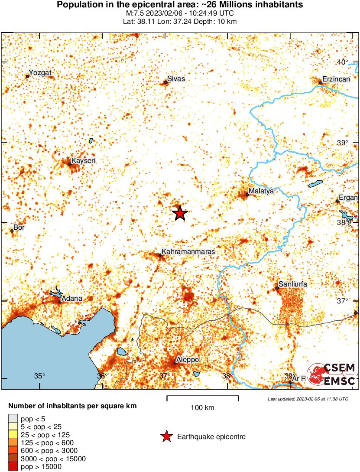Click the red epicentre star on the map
[x=180, y=213]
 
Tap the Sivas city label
[x=176, y=79]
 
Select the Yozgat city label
[x=40, y=73]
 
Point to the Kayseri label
[x=83, y=161]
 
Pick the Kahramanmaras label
[x=188, y=251]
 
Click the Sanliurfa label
[x=293, y=284]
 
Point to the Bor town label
[x=19, y=227]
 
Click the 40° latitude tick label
[x=342, y=62]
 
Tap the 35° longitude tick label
[x=40, y=376]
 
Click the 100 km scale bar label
[x=202, y=408]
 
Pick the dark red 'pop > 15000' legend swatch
[x=13, y=466]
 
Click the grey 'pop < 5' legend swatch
[x=13, y=419]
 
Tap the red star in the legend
[x=166, y=437]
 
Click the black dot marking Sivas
[x=165, y=82]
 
